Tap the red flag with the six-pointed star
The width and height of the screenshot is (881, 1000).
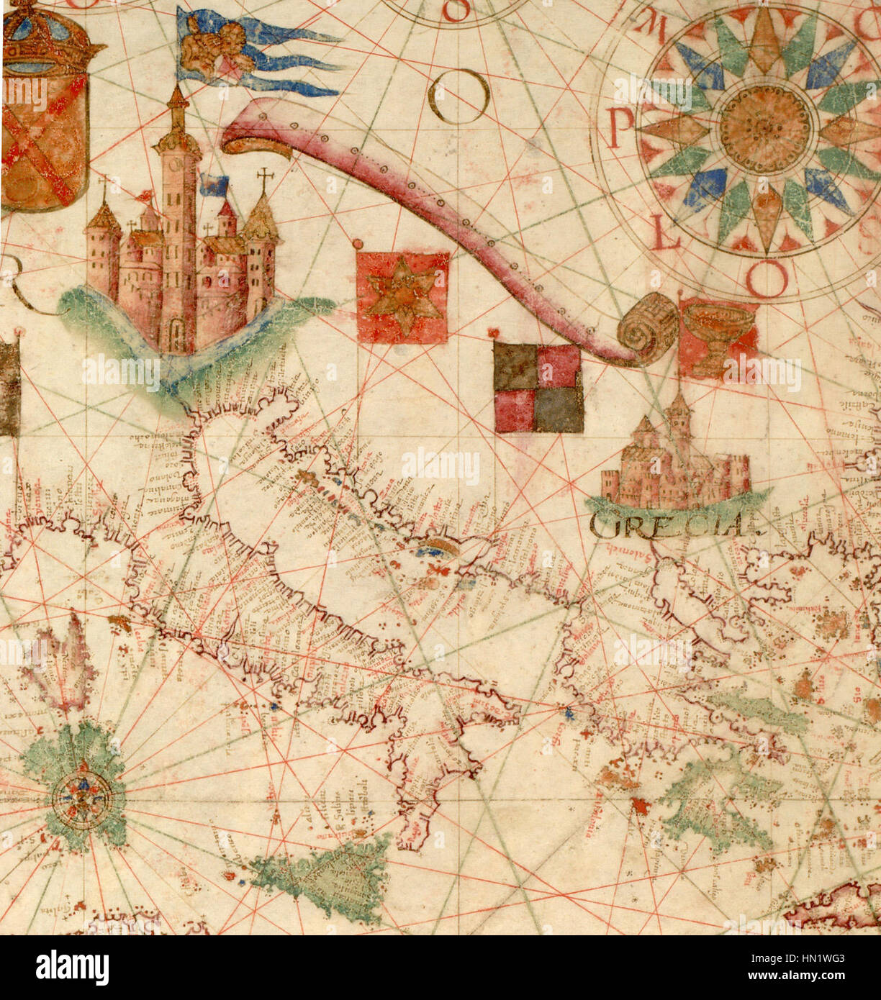coord(402,297)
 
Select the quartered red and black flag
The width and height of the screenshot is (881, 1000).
coord(538,388)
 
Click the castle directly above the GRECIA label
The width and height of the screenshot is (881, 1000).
coord(675,461)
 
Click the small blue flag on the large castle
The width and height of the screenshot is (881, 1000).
coord(212,185)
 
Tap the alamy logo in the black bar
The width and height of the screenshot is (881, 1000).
coord(73,968)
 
